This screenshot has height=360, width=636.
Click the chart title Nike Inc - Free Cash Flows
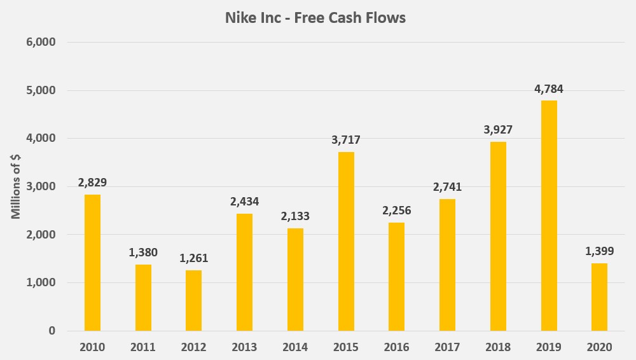coord(315,18)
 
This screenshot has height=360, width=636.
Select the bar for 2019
coord(549,216)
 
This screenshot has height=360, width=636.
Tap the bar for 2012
coord(193,300)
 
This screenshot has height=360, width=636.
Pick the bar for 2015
coord(346,241)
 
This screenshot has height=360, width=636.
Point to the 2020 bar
coord(599,297)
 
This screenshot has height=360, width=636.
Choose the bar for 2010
coord(92,263)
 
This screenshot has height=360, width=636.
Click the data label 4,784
coord(549,89)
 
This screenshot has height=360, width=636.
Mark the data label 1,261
coord(193,258)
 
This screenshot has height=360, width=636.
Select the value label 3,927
coord(498,130)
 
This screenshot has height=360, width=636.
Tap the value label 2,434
coord(244,202)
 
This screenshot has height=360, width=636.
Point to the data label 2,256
coord(396,211)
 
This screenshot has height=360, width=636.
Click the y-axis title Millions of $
coord(17,187)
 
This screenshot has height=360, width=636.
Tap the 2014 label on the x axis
coord(295,347)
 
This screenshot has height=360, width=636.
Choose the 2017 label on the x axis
coord(447,347)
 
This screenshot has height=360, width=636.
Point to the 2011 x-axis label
coord(143,347)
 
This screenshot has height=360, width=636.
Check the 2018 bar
coord(498,236)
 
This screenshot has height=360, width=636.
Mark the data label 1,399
coord(599,251)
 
